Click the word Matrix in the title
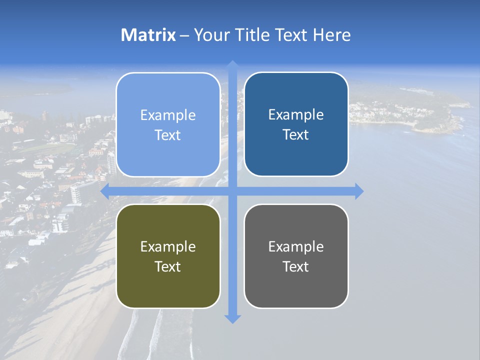[x=148, y=35]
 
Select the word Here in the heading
[x=332, y=35]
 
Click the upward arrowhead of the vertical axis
[x=232, y=64]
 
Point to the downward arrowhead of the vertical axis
[x=232, y=318]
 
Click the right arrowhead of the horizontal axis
[x=359, y=191]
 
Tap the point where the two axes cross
[x=232, y=191]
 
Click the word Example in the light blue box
[x=168, y=115]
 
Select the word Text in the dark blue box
[x=296, y=135]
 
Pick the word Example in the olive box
[x=168, y=247]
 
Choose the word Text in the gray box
[x=296, y=266]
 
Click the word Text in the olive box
[x=168, y=266]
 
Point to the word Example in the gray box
[x=296, y=247]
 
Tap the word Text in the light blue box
[x=168, y=135]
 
